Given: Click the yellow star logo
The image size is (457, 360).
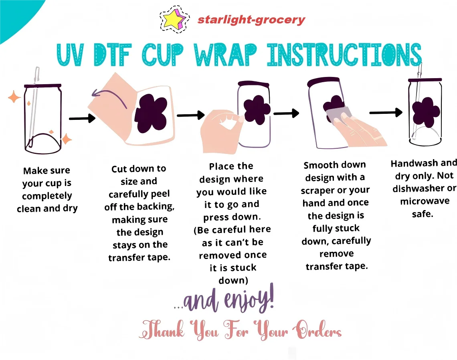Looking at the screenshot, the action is pyautogui.click(x=174, y=20).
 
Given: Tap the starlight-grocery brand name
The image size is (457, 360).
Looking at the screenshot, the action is pyautogui.click(x=251, y=20).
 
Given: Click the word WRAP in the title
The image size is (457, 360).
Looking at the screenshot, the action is pyautogui.click(x=226, y=55).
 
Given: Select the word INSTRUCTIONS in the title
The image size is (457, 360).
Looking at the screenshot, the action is pyautogui.click(x=344, y=55).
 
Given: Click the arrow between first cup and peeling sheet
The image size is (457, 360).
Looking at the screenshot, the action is pyautogui.click(x=82, y=118).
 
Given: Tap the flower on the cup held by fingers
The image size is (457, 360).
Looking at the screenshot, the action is pyautogui.click(x=257, y=110).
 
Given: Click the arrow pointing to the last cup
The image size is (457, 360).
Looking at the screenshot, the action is pyautogui.click(x=386, y=112).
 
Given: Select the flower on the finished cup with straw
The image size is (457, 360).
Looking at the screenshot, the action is pyautogui.click(x=426, y=112).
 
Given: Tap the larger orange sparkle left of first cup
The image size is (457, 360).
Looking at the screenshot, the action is pyautogui.click(x=14, y=97).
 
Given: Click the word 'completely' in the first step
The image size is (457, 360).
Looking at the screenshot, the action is pyautogui.click(x=47, y=196).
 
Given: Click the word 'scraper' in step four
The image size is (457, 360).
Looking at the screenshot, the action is pyautogui.click(x=318, y=191).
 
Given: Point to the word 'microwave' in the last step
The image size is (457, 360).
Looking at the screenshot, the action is pyautogui.click(x=425, y=201).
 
